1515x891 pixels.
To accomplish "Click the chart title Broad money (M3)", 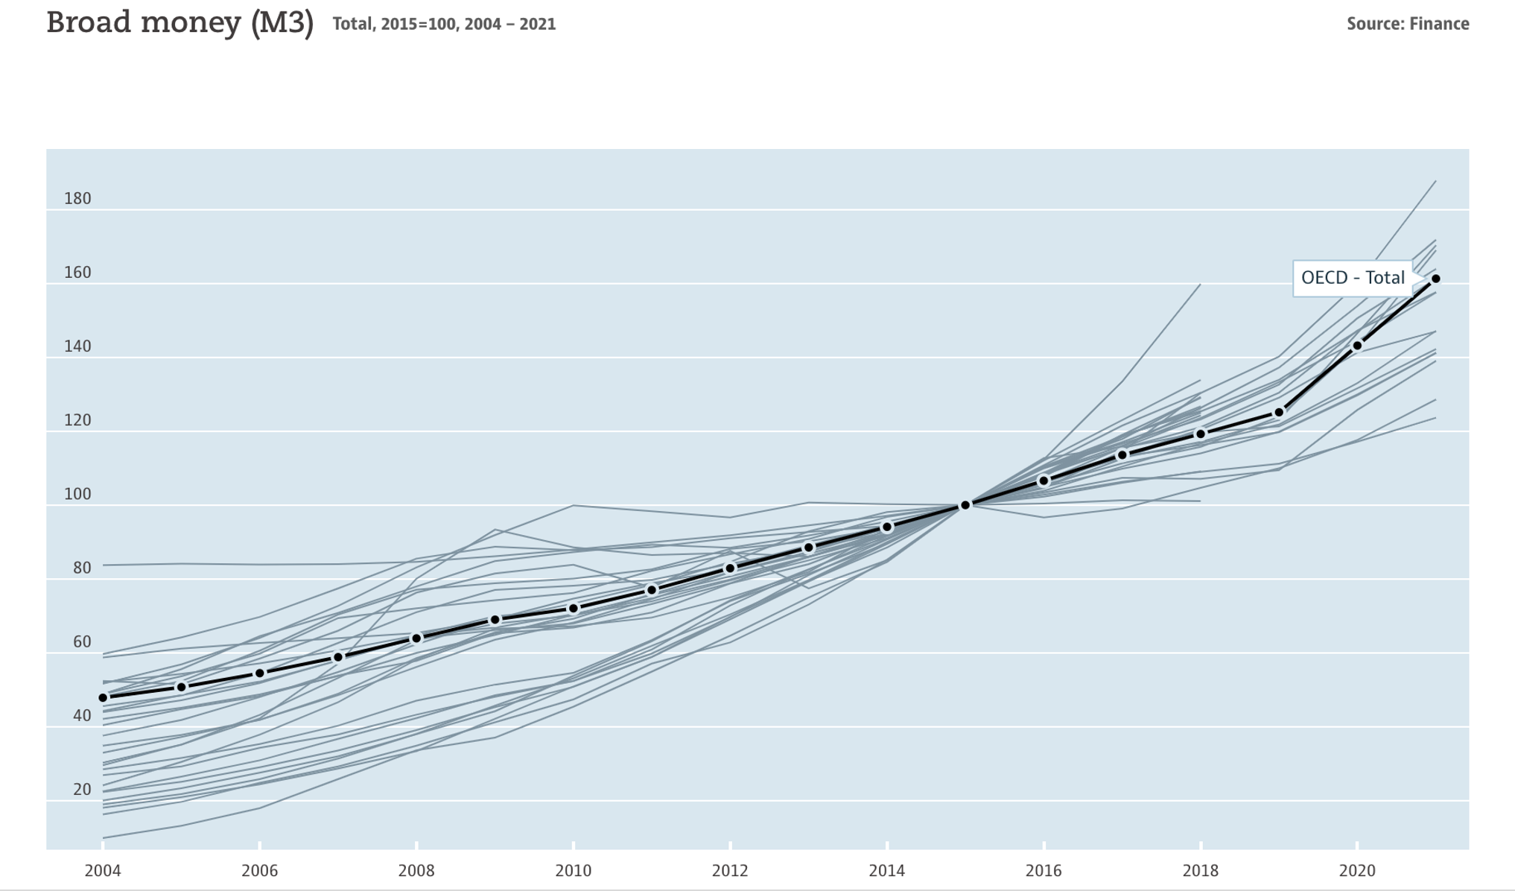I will [180, 23].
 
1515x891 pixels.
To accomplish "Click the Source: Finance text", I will [1407, 24].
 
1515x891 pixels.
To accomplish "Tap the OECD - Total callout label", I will [1352, 278].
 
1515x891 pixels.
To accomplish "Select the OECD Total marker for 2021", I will [1435, 279].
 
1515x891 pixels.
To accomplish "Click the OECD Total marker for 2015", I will [965, 505].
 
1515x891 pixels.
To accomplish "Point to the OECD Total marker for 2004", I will [103, 698].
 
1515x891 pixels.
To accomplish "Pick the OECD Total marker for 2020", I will [1357, 346].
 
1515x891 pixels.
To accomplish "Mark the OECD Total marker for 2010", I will [574, 609].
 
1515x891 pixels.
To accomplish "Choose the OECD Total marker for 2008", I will [416, 638].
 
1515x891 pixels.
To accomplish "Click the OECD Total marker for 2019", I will [1279, 412].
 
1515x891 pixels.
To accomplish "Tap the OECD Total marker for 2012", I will [730, 568].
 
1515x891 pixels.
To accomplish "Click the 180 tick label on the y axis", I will [77, 198].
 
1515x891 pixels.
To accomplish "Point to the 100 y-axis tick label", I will [77, 494].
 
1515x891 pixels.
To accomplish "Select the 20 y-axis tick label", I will [82, 789].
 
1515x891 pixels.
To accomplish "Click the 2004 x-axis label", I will [103, 870].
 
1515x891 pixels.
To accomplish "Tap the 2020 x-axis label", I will [1357, 870].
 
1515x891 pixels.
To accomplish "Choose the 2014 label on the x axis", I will [886, 870].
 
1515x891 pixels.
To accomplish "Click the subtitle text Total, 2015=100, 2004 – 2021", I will [444, 24].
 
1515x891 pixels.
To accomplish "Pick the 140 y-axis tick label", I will [77, 346].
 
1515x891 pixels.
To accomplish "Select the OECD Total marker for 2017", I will [1122, 455].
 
